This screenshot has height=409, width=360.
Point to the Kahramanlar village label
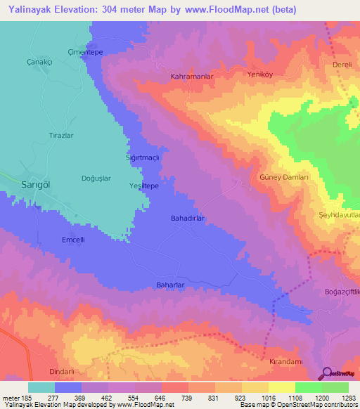pyautogui.click(x=191, y=75)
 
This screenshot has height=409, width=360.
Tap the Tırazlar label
pyautogui.click(x=60, y=134)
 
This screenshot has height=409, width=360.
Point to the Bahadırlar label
pyautogui.click(x=188, y=219)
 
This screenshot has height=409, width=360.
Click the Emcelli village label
pyautogui.click(x=73, y=239)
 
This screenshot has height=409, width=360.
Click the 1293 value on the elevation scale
pyautogui.click(x=348, y=398)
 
